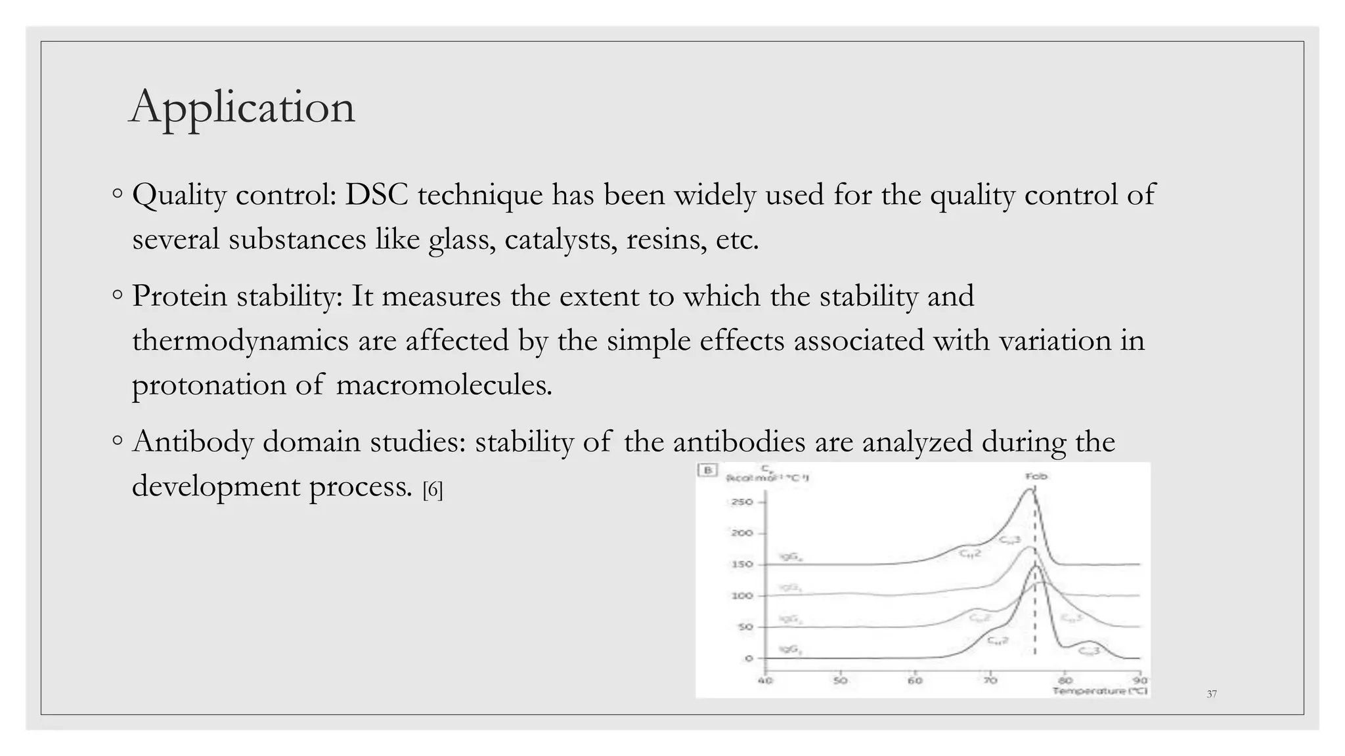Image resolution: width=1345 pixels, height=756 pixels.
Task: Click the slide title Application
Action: tap(242, 106)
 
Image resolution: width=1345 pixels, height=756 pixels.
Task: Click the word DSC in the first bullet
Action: tap(376, 195)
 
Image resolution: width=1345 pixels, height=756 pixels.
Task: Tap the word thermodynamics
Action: tap(240, 341)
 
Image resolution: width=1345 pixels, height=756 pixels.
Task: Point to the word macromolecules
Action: tap(444, 385)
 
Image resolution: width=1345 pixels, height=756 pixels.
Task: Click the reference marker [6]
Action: tap(433, 490)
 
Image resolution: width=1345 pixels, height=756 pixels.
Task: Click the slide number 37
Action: tap(1212, 694)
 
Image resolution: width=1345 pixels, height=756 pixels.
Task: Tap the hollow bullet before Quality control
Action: tap(117, 194)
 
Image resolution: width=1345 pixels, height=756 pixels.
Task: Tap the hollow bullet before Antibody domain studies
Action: tap(117, 441)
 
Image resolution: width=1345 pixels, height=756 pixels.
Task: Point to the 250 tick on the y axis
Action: tap(741, 502)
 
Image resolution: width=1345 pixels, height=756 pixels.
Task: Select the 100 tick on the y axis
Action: tap(741, 596)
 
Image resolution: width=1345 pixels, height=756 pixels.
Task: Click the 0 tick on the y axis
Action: tap(748, 658)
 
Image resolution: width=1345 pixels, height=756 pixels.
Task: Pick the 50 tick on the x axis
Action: tap(840, 681)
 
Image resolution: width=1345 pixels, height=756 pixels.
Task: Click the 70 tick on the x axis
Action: tap(990, 681)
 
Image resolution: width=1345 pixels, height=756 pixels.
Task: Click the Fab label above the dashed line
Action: tap(1036, 476)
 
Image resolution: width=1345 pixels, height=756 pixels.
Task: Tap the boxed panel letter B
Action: tap(707, 470)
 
